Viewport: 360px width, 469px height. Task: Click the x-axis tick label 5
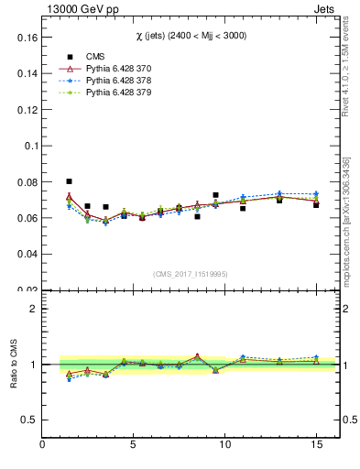coord(134,445)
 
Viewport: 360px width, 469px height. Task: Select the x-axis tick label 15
coord(315,445)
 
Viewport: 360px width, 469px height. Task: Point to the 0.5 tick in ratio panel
coord(29,420)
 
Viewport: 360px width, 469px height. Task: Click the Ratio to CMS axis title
coord(14,364)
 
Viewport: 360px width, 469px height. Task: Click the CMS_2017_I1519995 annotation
coord(190,274)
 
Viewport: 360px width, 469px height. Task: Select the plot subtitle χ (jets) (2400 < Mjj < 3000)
coord(190,36)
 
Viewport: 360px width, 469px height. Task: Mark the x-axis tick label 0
coord(43,445)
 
